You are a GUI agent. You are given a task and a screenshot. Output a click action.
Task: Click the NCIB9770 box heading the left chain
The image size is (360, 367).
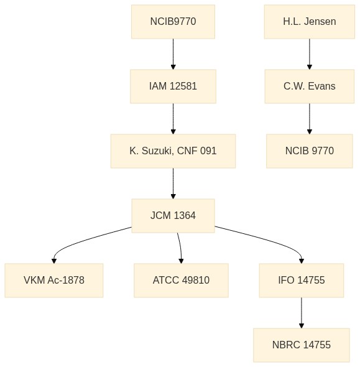click(x=173, y=22)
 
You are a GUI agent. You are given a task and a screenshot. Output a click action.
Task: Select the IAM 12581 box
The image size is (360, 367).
click(x=173, y=86)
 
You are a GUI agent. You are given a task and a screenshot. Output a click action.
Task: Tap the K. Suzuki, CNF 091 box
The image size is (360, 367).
click(x=173, y=151)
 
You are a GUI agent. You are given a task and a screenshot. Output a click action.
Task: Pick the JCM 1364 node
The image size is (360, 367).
click(x=173, y=216)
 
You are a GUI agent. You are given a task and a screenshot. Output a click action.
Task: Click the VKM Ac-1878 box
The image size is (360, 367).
click(x=54, y=281)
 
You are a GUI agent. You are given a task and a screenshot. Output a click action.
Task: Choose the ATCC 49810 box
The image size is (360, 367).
click(x=182, y=281)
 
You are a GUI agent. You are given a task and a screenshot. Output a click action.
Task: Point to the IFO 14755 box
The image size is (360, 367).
click(x=302, y=281)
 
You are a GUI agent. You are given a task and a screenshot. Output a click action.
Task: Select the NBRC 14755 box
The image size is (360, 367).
click(x=302, y=345)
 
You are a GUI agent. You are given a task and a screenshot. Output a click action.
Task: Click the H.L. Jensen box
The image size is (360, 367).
click(x=310, y=22)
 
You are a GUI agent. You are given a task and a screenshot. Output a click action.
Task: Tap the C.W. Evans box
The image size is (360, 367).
click(x=310, y=86)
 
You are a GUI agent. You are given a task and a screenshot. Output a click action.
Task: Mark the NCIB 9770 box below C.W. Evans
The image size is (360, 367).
click(x=310, y=151)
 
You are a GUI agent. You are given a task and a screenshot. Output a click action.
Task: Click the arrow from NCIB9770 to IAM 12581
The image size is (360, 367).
click(x=173, y=54)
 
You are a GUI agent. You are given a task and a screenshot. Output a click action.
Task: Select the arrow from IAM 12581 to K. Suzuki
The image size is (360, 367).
click(x=173, y=119)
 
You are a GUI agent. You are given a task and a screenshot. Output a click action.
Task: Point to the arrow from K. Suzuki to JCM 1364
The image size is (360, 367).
click(x=173, y=183)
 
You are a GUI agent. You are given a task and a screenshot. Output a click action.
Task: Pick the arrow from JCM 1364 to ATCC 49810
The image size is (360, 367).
click(x=180, y=248)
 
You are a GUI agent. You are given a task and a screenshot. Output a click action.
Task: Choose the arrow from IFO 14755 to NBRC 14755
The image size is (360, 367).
click(x=302, y=313)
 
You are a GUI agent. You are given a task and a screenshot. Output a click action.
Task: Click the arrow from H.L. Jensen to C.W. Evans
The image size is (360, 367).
click(x=310, y=54)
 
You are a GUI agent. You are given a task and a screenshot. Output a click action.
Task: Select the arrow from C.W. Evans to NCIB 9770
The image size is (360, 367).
click(x=310, y=119)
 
